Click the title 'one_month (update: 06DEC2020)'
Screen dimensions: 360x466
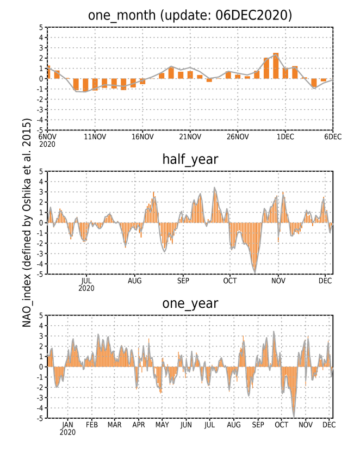[190, 15]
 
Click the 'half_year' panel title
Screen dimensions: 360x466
[190, 160]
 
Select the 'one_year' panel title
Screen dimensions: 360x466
[190, 304]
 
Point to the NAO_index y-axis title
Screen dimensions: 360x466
[27, 223]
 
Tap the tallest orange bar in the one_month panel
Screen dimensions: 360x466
[276, 66]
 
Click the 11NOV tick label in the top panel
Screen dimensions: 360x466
[95, 136]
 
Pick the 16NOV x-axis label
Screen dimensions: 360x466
[142, 136]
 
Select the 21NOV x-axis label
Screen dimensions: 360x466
[190, 136]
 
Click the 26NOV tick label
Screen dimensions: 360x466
[238, 136]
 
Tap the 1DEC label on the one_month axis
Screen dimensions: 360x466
[285, 136]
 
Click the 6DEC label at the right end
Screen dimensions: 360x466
[333, 136]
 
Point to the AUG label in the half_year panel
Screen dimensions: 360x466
[135, 281]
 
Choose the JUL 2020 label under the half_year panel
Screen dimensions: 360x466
[86, 284]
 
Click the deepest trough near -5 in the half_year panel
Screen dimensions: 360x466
[255, 272]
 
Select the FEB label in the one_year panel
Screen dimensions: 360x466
[91, 425]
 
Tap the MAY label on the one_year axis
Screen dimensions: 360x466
[162, 425]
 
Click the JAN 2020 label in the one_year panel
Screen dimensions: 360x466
[67, 428]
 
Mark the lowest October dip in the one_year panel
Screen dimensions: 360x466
[294, 416]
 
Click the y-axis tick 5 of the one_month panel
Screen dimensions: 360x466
[41, 27]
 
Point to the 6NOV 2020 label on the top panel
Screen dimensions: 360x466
[47, 140]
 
